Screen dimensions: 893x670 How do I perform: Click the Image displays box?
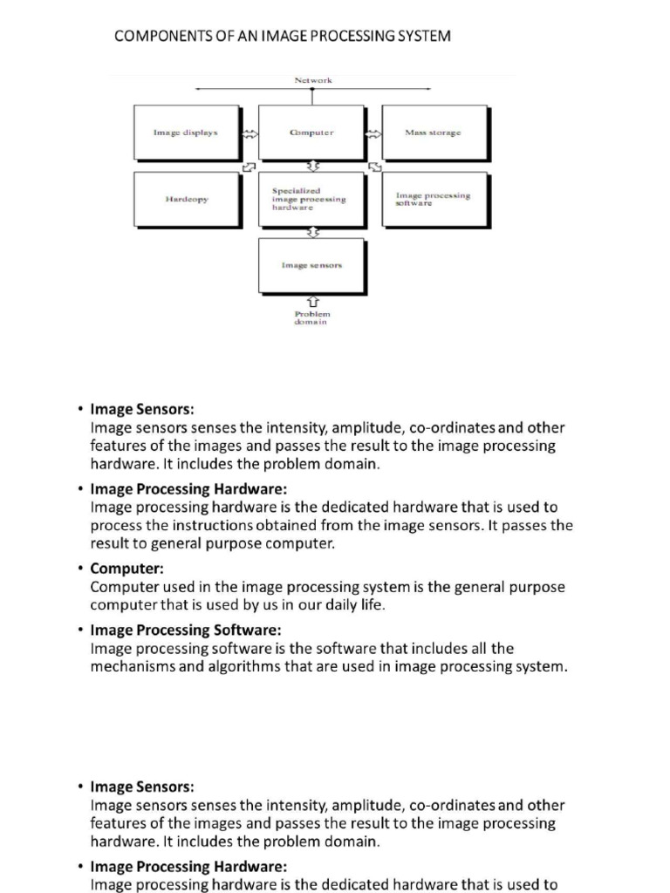tap(186, 133)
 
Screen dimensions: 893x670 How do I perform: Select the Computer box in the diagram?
tap(311, 133)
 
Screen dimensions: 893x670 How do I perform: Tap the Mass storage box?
tap(434, 133)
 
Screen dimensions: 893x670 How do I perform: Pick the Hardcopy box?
tap(186, 199)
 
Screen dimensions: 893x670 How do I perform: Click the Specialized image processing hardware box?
tap(311, 199)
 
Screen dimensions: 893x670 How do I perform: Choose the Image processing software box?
tap(434, 199)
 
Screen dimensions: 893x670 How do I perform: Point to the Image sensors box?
tap(311, 264)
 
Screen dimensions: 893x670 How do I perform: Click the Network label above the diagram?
tap(313, 80)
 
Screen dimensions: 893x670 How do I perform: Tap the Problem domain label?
tap(312, 317)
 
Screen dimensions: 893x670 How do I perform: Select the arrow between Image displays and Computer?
tap(250, 134)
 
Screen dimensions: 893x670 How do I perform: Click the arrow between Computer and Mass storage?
tap(373, 134)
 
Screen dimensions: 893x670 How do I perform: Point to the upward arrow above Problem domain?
tap(312, 301)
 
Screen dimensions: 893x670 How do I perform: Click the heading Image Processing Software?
tap(186, 630)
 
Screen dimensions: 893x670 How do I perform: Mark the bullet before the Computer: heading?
tap(79, 569)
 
